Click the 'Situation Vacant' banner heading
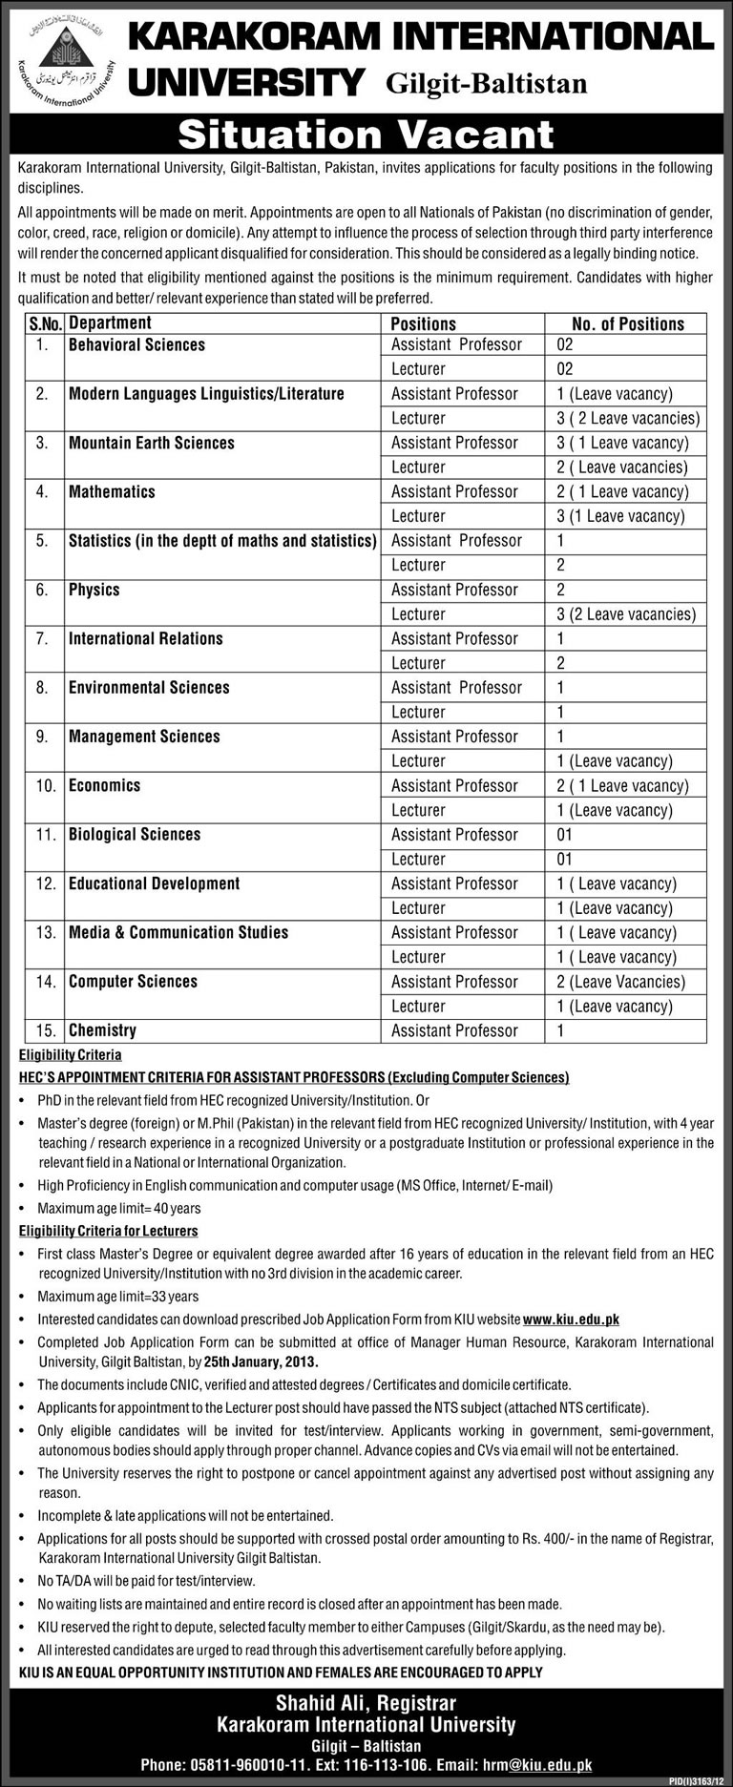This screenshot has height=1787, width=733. click(x=366, y=135)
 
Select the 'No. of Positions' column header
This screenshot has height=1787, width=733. click(x=627, y=323)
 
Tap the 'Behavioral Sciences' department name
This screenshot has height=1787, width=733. click(x=136, y=344)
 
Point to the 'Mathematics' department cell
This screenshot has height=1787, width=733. click(x=112, y=491)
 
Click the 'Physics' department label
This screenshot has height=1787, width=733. click(x=94, y=590)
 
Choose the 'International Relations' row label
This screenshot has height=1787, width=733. click(x=145, y=638)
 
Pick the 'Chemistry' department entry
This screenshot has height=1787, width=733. click(x=102, y=1030)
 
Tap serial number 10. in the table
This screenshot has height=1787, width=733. click(x=46, y=785)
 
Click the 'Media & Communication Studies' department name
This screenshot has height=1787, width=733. click(x=178, y=932)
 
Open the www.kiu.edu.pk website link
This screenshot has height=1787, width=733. click(x=571, y=1319)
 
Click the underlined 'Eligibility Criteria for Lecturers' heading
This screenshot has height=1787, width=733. click(x=108, y=1231)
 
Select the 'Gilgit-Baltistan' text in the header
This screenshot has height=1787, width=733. click(x=486, y=84)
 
